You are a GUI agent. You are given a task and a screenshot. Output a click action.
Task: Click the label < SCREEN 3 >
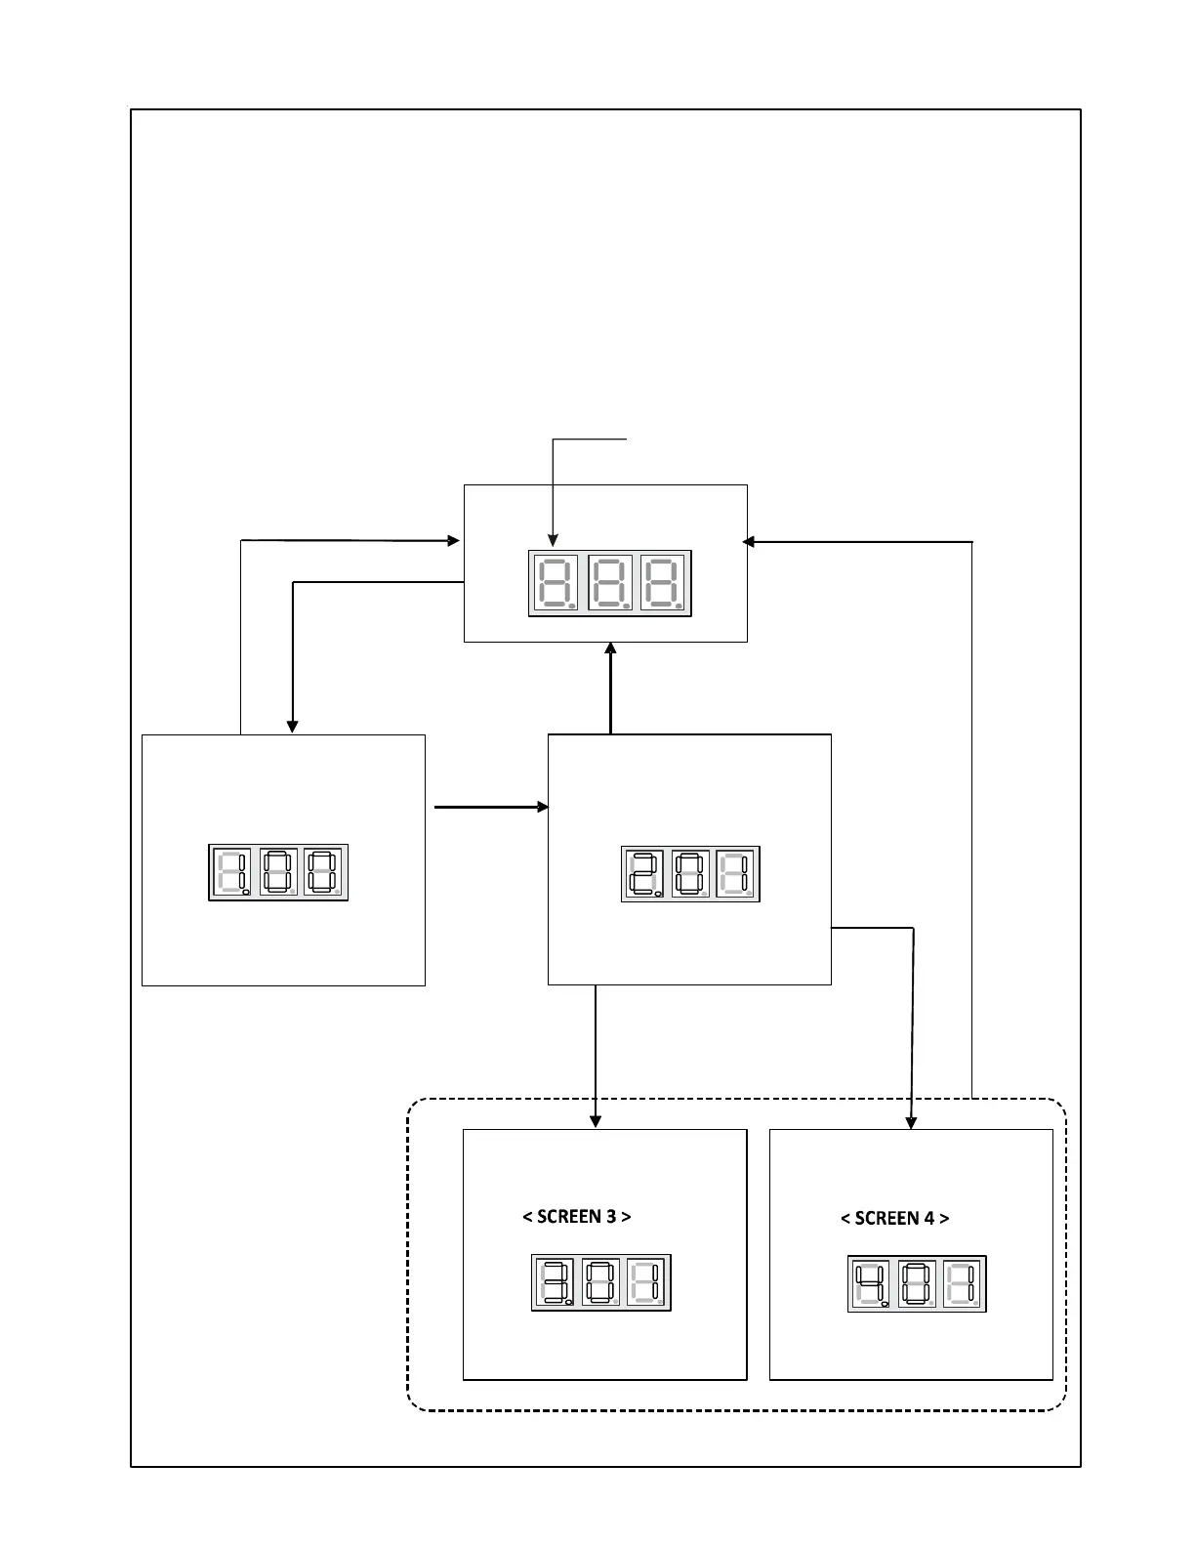coord(576,1216)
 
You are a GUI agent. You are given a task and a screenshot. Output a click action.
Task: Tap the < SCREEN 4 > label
coord(894,1218)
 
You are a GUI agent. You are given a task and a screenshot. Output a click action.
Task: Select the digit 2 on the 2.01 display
coord(643,873)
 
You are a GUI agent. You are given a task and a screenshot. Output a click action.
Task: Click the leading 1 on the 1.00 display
coord(230,872)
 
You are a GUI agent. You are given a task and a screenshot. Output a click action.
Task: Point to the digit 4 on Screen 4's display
coord(870,1283)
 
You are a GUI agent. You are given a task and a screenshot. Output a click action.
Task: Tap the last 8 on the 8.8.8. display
coord(663,582)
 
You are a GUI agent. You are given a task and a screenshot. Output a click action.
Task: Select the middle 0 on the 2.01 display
coord(690,873)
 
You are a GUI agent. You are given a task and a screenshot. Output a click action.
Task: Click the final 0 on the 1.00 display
coord(324,872)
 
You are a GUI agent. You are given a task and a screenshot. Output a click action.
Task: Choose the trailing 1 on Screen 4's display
coord(964,1283)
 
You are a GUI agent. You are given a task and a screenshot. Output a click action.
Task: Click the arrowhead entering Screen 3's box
coord(596,1122)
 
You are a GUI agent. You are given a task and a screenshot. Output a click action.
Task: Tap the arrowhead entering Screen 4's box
coord(911,1123)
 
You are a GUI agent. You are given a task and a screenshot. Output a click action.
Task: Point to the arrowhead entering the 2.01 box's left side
coord(543,807)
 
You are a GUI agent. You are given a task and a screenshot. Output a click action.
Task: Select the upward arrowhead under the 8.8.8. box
coord(610,649)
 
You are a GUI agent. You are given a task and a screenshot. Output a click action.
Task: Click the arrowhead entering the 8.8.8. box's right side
coord(749,541)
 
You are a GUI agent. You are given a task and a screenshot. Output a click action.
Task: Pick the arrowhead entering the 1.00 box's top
coord(292,727)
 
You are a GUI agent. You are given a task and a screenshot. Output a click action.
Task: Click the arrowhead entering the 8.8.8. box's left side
coord(454,540)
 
